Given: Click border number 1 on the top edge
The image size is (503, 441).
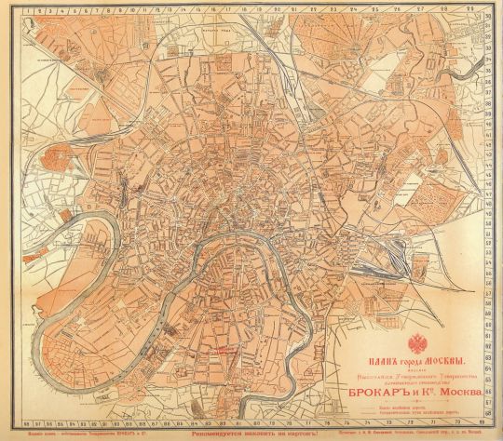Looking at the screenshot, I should [24, 5].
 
